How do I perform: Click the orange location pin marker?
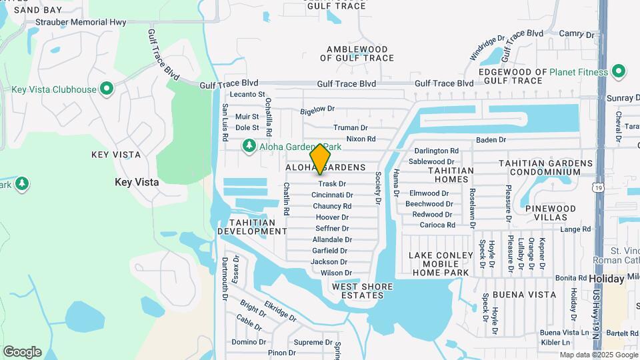pos(321,158)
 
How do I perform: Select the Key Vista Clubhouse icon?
pos(106,89)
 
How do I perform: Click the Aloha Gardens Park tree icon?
pos(249,145)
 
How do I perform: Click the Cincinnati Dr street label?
pos(332,195)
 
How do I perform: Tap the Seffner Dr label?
pos(332,228)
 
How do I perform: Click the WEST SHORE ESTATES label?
pos(362,292)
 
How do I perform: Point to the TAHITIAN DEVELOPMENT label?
pos(252,227)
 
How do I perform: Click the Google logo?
pos(22,352)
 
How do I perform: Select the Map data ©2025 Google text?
pos(599,355)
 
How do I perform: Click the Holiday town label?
pos(606,278)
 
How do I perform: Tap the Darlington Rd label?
pos(437,151)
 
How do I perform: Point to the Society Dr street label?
pos(377,188)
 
